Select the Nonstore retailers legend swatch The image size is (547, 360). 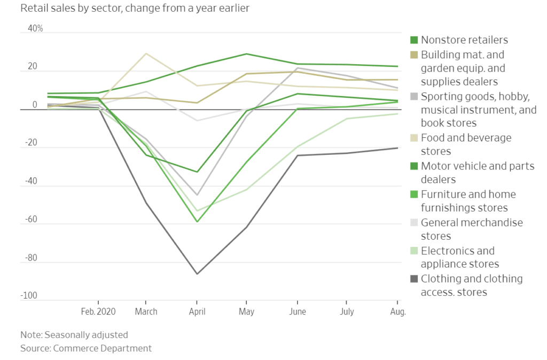tap(413, 40)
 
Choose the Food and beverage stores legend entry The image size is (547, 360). tap(466, 144)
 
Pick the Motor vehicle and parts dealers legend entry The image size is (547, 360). tap(477, 173)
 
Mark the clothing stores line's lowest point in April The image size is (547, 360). tap(197, 274)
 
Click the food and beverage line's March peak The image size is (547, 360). tap(146, 53)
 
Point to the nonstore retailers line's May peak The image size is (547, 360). tap(246, 54)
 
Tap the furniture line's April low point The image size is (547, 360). tap(197, 222)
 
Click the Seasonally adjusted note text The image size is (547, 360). tap(74, 335)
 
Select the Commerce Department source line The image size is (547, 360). tap(85, 348)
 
